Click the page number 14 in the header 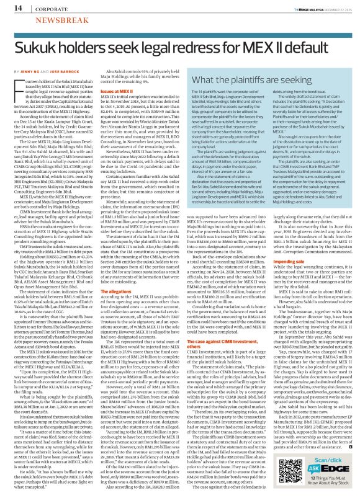pyautogui.click(x=11, y=7)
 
